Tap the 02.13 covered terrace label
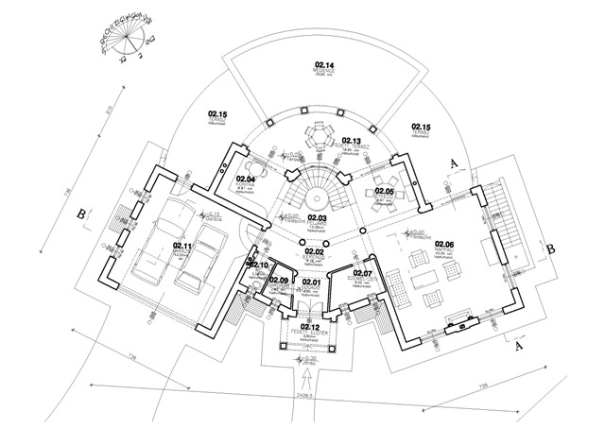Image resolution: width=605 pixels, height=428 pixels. tap(353, 141)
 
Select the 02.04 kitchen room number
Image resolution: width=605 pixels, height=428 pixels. tap(247, 179)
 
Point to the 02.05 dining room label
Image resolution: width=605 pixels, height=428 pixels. tap(383, 191)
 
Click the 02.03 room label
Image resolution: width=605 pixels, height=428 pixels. tap(317, 218)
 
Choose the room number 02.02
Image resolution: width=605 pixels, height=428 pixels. tap(314, 252)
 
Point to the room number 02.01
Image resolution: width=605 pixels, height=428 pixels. tap(312, 282)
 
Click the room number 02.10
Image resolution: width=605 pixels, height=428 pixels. tap(259, 265)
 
